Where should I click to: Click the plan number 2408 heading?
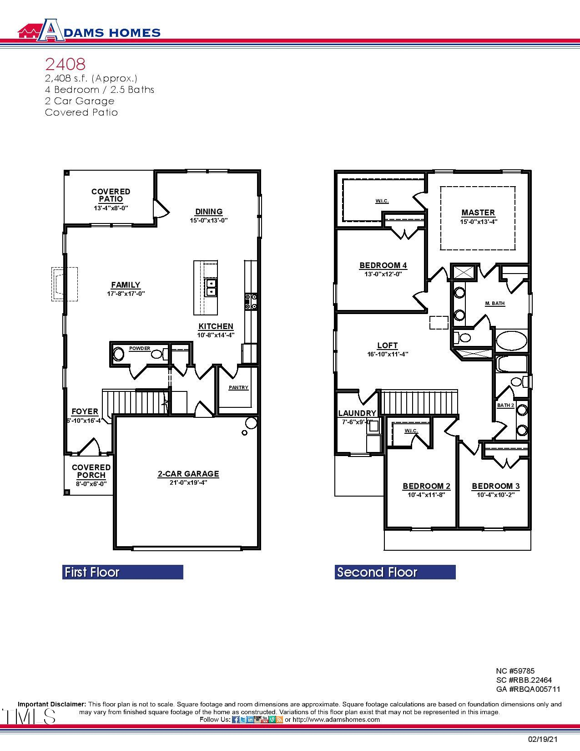click(x=65, y=64)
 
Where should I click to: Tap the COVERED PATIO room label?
click(x=111, y=195)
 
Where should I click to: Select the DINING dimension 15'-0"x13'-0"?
click(x=209, y=220)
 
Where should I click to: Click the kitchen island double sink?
click(x=211, y=288)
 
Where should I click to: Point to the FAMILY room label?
click(x=126, y=285)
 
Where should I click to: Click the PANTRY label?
click(x=238, y=388)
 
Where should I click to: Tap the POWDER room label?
click(x=140, y=349)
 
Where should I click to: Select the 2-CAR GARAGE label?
click(x=188, y=474)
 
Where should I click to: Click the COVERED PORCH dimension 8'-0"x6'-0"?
click(x=91, y=484)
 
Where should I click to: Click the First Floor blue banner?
click(x=122, y=572)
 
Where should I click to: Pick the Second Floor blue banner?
click(x=395, y=572)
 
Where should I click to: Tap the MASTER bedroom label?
click(x=478, y=213)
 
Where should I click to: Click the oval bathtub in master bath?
click(x=511, y=340)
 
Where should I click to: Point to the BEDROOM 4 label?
click(x=383, y=265)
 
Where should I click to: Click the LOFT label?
click(x=388, y=345)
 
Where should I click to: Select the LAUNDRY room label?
click(x=357, y=413)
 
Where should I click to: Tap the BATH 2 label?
click(x=505, y=405)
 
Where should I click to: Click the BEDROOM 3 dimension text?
click(x=495, y=495)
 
